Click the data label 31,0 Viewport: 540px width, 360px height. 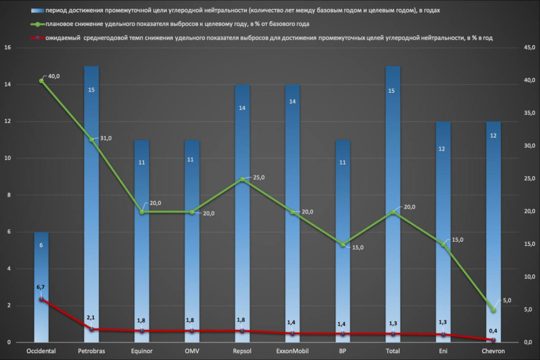pyautogui.click(x=106, y=138)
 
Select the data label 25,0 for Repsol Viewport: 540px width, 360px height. pyautogui.click(x=258, y=177)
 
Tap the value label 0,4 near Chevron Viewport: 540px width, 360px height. pyautogui.click(x=493, y=331)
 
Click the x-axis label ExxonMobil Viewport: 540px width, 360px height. pyautogui.click(x=292, y=351)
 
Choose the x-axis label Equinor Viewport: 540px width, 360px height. pyautogui.click(x=142, y=351)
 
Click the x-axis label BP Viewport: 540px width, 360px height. pyautogui.click(x=342, y=351)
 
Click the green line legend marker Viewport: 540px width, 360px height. pyautogui.click(x=37, y=24)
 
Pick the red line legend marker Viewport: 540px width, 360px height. pyautogui.click(x=37, y=38)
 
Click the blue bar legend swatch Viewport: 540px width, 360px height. pyautogui.click(x=37, y=11)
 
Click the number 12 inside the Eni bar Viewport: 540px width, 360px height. pyautogui.click(x=442, y=149)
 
